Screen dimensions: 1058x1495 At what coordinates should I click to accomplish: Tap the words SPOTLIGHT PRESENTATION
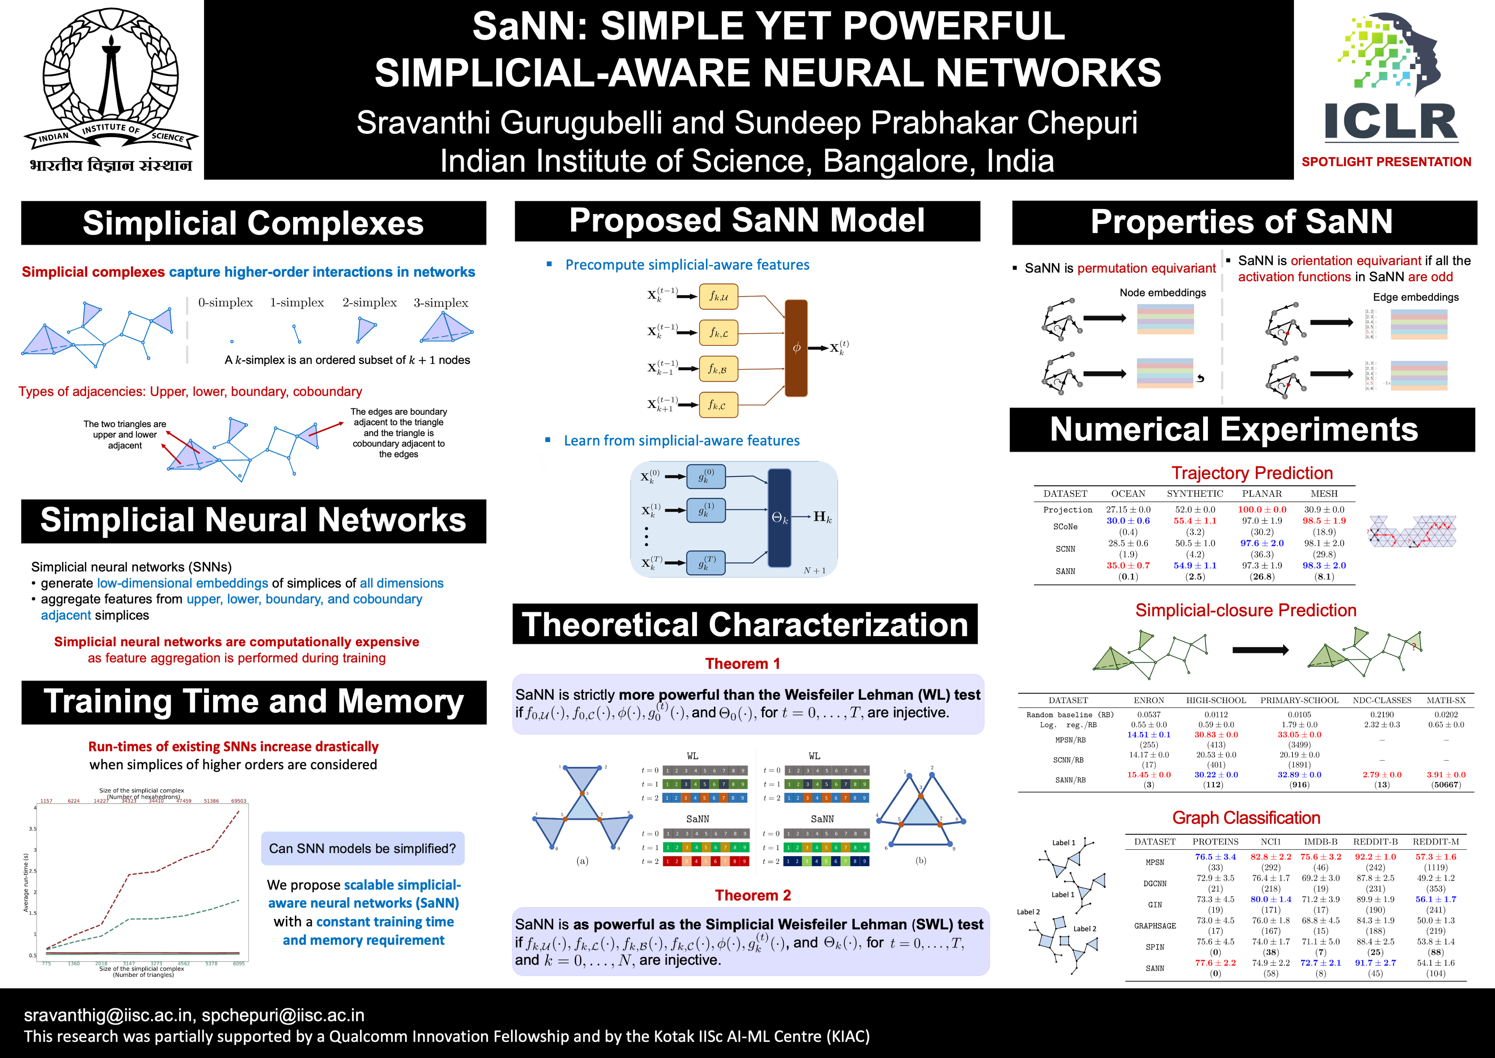pos(1386,162)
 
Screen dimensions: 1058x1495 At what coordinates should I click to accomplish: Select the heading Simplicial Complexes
pos(253,223)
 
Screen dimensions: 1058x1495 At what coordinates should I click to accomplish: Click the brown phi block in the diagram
pos(796,348)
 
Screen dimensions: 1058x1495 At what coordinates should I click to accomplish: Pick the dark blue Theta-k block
pos(779,518)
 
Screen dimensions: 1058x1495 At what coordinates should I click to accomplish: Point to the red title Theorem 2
pos(753,895)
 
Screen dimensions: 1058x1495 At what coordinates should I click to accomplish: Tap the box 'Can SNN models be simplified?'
pos(363,848)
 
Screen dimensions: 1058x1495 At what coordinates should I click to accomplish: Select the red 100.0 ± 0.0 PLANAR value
pos(1262,509)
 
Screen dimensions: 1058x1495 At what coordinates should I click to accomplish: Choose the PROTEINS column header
pos(1215,842)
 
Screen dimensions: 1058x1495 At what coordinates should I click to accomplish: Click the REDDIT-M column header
pos(1436,842)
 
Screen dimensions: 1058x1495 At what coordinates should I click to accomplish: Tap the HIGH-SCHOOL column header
pos(1216,700)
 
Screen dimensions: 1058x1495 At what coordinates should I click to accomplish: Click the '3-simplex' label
pos(441,302)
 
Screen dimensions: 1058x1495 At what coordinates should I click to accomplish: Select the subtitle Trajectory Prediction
pos(1251,473)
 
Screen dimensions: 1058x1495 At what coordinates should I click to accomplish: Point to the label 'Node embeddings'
pos(1162,292)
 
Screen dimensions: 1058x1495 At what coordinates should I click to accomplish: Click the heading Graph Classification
pos(1246,818)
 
